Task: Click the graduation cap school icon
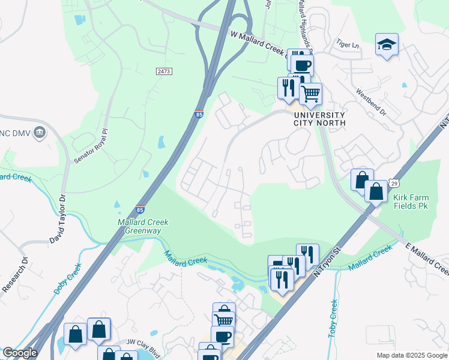(387, 44)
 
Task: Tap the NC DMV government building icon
(40, 132)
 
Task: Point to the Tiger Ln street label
(347, 44)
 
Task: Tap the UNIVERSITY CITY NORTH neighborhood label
(319, 119)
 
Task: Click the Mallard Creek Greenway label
(143, 226)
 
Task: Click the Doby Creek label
(67, 279)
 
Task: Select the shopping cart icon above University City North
(310, 93)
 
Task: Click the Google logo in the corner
(20, 353)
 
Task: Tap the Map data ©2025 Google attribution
(411, 355)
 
